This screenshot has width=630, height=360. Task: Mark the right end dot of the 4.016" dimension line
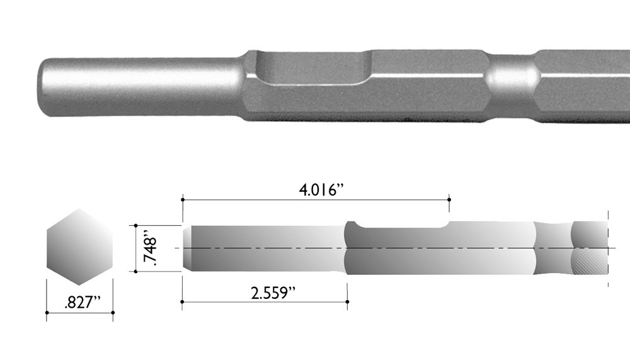pos(449,199)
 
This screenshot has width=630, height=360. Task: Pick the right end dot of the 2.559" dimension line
pos(348,303)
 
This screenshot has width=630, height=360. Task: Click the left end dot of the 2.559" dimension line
pos(182,303)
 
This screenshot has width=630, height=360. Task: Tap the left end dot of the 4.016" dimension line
pos(182,199)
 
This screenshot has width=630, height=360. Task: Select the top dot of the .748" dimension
pos(135,225)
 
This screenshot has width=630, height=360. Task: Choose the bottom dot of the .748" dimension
pos(135,271)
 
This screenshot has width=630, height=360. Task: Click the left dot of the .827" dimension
pos(47,312)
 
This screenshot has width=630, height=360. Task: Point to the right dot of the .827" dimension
pos(113,312)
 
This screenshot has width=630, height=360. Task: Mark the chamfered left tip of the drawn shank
pos(186,248)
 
